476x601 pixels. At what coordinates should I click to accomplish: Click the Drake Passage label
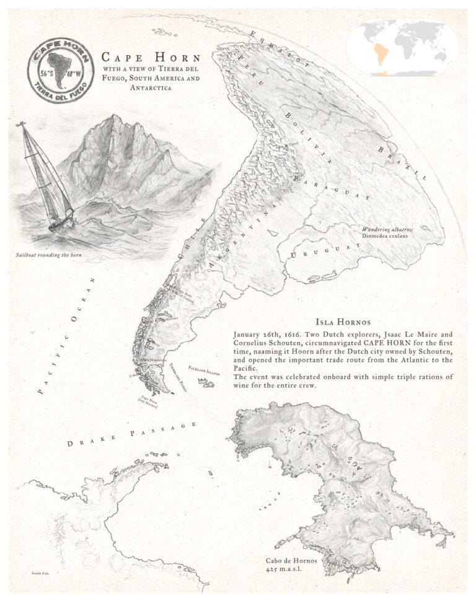pos(133,434)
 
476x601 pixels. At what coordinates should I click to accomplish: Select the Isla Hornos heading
pos(343,322)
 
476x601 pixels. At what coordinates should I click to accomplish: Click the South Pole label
pos(40,574)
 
